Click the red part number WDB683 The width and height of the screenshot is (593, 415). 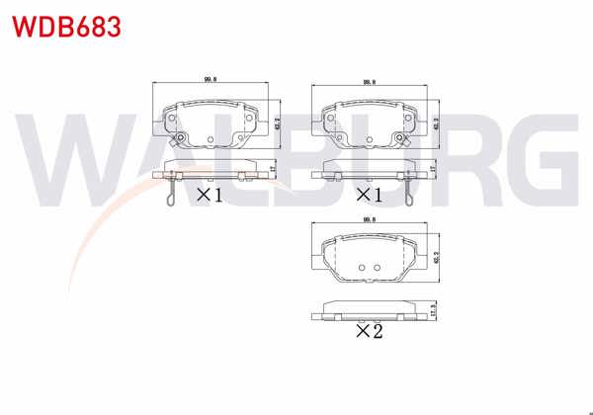(x=66, y=26)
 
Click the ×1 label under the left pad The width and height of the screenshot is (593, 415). (x=209, y=195)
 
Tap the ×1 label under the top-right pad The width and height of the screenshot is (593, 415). (x=370, y=195)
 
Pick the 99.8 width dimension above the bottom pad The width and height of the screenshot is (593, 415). (x=371, y=220)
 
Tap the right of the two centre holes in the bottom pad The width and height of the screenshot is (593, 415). (x=377, y=268)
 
